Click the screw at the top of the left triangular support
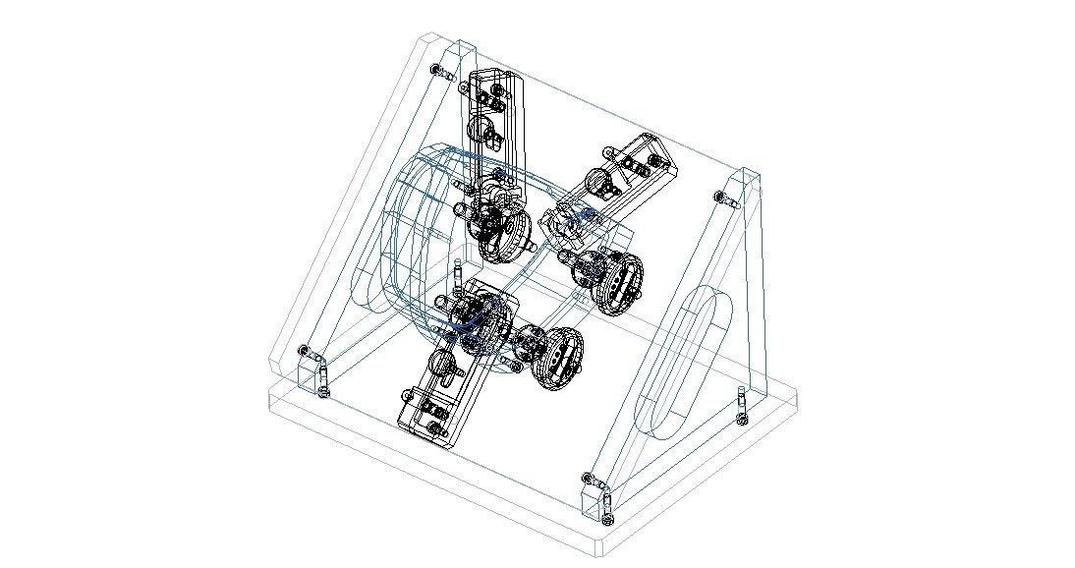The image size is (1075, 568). (x=439, y=71)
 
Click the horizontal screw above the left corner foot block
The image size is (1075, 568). (x=308, y=351)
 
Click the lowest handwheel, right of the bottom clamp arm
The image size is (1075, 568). (x=556, y=358)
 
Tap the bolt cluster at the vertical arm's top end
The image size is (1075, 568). (x=491, y=93)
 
